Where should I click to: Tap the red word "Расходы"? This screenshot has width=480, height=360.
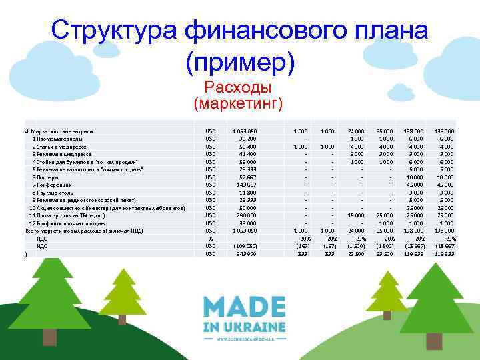[238, 88]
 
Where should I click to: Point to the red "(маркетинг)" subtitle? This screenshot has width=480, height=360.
[238, 103]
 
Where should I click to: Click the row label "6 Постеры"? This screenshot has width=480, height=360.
[46, 177]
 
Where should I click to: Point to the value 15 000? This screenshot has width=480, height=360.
[355, 215]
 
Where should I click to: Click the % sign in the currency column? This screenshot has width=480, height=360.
[210, 239]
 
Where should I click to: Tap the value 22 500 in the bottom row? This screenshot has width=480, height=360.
[355, 254]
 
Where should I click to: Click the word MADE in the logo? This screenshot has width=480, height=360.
[244, 307]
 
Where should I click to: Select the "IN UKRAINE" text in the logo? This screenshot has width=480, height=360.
[244, 327]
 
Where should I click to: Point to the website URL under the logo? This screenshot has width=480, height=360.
[244, 339]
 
